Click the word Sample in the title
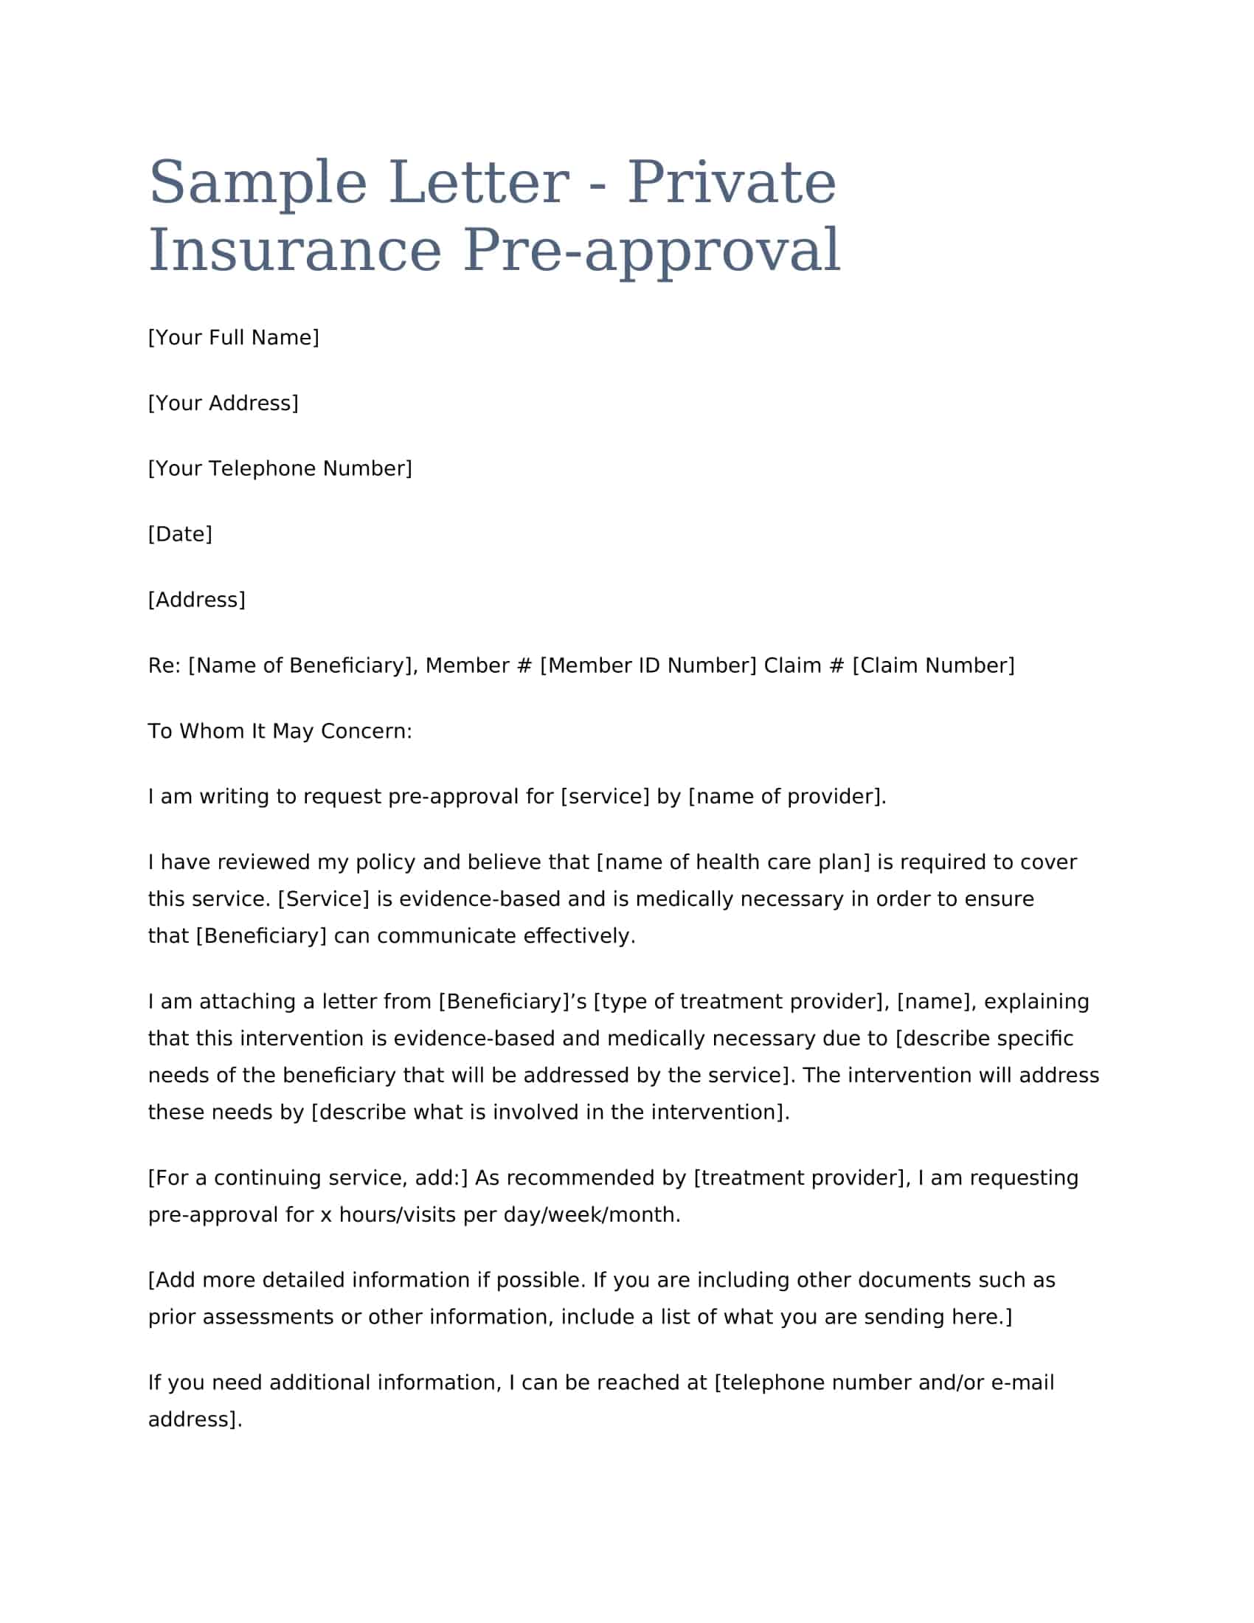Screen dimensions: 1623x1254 [x=257, y=183]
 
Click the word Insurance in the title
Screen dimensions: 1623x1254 [x=295, y=249]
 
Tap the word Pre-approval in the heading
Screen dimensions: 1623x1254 [x=651, y=249]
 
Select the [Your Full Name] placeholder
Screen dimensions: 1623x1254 [x=233, y=337]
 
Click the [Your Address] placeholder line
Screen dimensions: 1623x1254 [x=223, y=403]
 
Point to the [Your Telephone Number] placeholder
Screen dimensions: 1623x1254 [x=280, y=468]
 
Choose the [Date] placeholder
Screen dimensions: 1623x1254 [x=180, y=533]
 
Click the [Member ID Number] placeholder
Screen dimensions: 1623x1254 [x=648, y=665]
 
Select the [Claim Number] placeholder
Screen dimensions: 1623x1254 [x=933, y=665]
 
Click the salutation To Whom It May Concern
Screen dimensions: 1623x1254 [x=280, y=730]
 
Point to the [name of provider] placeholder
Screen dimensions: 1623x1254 [x=786, y=796]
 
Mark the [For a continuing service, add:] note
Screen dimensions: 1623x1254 [x=308, y=1177]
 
